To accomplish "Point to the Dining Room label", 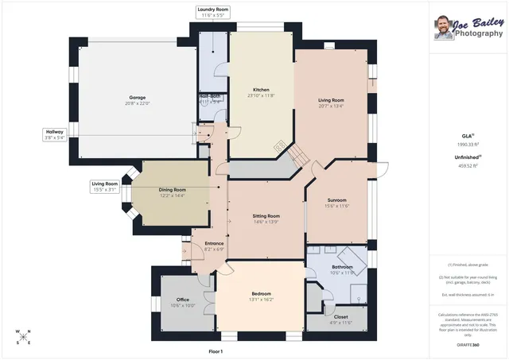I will coord(172,190).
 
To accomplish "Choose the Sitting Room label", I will coord(266,215).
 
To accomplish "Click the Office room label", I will coord(182,299).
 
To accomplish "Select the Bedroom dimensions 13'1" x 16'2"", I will coord(262,300).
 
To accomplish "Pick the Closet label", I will coord(340,315).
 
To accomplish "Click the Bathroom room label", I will coord(342,267).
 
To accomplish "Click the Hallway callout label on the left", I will coord(54,132).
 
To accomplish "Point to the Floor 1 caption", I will coord(215,350).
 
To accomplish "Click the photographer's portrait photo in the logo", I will coord(442,28).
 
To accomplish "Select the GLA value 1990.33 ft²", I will coord(468,144).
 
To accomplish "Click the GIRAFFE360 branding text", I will coord(468,345).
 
